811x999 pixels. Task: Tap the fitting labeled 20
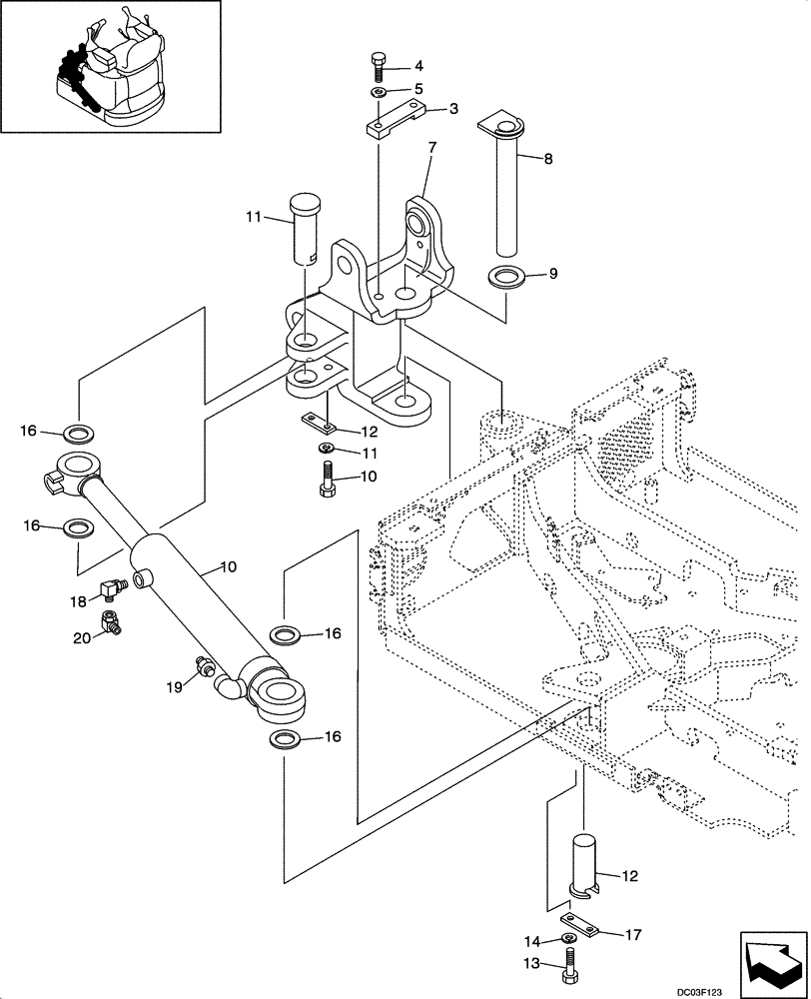110,625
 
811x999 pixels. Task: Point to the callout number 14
531,940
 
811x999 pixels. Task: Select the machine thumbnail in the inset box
110,68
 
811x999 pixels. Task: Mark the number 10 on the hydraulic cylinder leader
228,567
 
